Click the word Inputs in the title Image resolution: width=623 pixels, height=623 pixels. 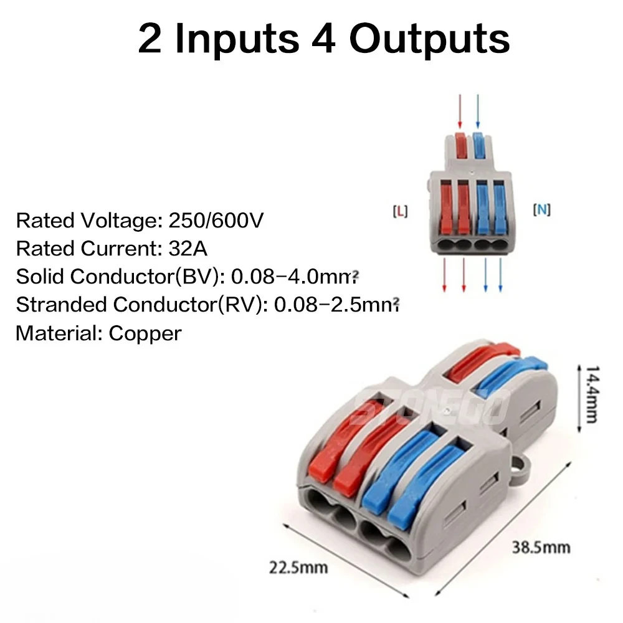[x=236, y=39]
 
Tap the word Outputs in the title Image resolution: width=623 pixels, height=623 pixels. [x=429, y=39]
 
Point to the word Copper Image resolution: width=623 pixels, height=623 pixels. [x=145, y=333]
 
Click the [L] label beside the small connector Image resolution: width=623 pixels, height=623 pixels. [x=399, y=211]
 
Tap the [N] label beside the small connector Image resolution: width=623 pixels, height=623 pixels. [x=542, y=210]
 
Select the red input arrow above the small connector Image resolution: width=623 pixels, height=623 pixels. [x=460, y=111]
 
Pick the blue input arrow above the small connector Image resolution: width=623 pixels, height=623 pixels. [x=478, y=111]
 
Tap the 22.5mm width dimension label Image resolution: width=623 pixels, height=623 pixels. [x=298, y=568]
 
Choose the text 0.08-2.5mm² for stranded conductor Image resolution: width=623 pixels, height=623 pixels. [x=336, y=305]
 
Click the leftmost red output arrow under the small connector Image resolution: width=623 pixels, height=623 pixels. [x=444, y=277]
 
